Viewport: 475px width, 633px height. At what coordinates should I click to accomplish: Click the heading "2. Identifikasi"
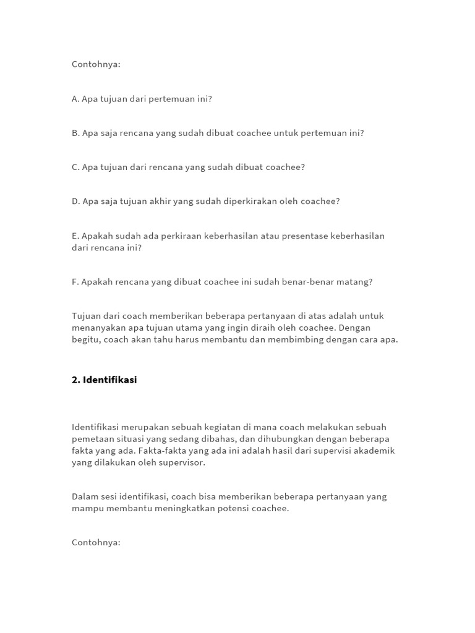(x=104, y=380)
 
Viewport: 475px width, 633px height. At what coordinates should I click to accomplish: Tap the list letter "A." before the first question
(x=75, y=99)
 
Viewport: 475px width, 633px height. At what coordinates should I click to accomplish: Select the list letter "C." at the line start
(x=75, y=167)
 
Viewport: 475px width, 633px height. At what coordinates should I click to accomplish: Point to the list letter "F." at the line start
(x=75, y=282)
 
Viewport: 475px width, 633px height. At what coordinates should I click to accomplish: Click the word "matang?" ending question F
(x=354, y=282)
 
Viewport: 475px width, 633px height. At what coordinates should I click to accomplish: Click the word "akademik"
(x=373, y=451)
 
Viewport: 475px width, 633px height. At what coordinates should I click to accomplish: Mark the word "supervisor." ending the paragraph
(x=182, y=462)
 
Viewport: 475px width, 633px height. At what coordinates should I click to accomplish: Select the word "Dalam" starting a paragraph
(x=85, y=496)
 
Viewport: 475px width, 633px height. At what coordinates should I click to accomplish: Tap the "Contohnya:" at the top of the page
(x=96, y=64)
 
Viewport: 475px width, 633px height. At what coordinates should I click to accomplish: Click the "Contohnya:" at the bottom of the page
(x=96, y=543)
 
